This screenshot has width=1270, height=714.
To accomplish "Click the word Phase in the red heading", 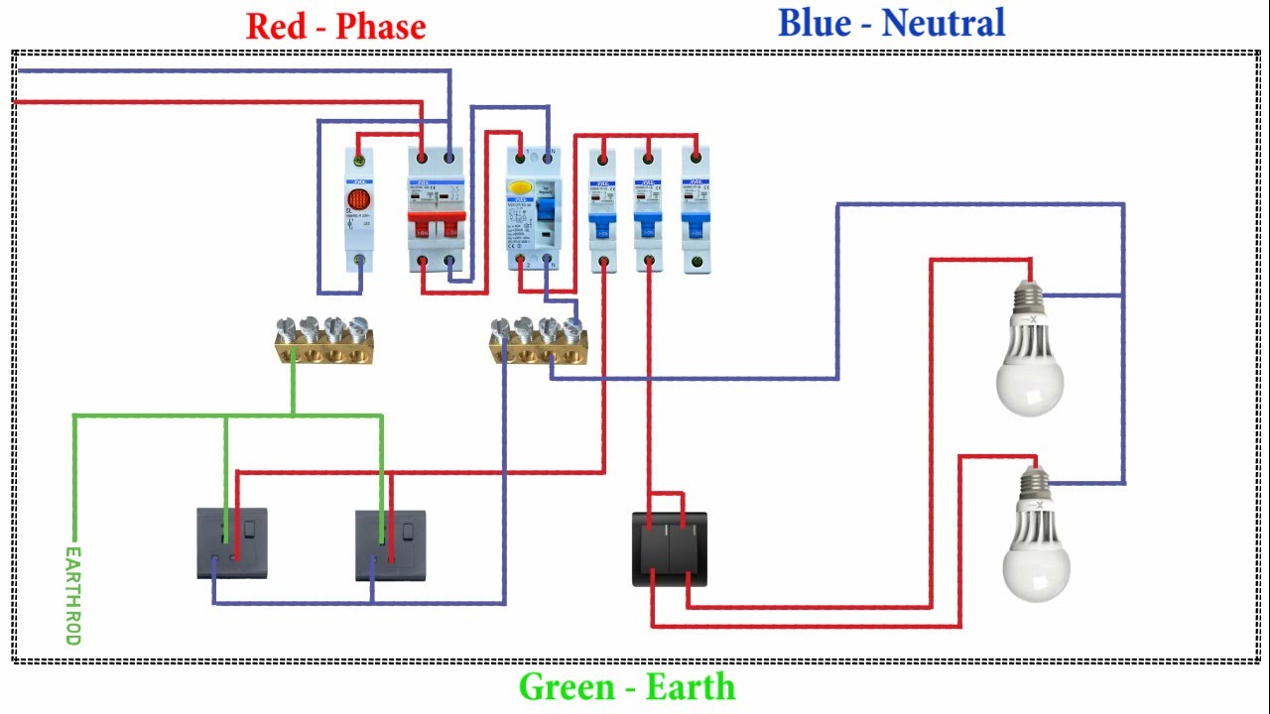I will click(381, 27).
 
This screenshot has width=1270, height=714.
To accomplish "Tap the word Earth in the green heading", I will click(690, 687).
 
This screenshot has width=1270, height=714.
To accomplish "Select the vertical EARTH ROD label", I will click(72, 595).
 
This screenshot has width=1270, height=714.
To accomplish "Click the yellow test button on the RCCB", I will click(519, 186).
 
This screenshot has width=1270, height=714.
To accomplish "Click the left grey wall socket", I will click(232, 543).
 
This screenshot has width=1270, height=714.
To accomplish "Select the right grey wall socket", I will click(391, 544).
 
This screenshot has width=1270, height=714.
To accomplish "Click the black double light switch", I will click(670, 548).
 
